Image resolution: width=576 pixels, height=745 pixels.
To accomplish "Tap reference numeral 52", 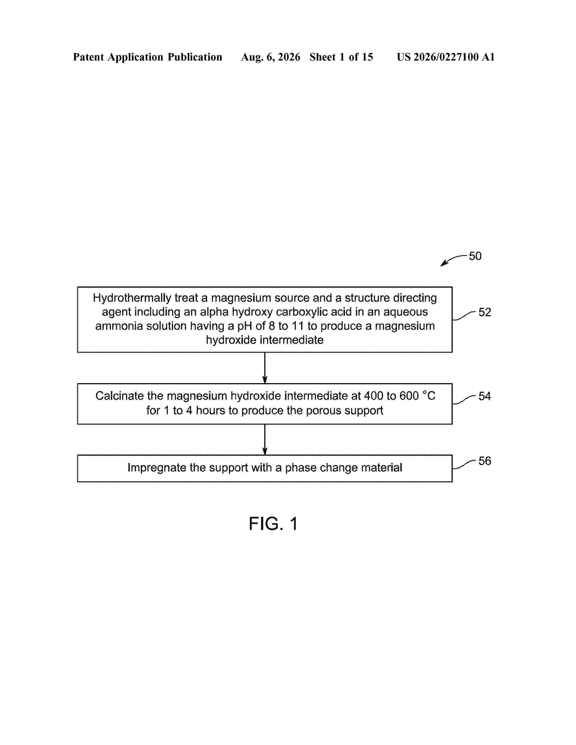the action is click(x=485, y=312).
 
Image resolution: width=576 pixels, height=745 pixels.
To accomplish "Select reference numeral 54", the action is click(x=485, y=396).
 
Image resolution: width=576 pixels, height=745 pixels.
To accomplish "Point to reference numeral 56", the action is click(x=485, y=461).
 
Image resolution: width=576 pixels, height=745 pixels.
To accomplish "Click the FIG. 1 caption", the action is click(x=273, y=524).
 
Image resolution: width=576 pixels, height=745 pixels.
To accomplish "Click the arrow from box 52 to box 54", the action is click(x=265, y=368).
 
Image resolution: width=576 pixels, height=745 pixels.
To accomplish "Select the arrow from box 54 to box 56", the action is click(x=265, y=439).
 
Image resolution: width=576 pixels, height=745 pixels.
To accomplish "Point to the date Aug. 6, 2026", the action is click(x=271, y=57).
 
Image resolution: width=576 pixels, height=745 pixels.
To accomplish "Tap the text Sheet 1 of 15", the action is click(x=341, y=57).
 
